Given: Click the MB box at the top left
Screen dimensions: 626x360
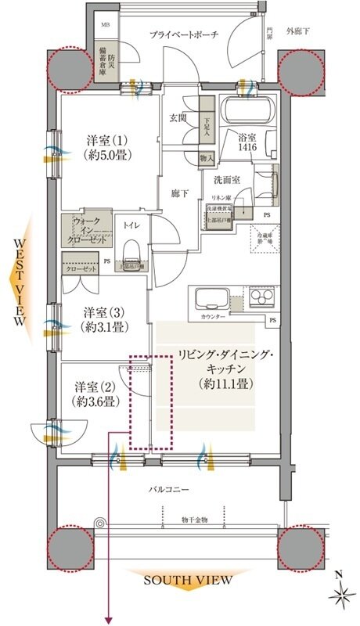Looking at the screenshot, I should tap(105, 24).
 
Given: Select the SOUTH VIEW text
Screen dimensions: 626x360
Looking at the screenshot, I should tap(187, 580).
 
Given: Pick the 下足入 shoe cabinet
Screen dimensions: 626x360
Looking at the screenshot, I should tap(206, 125).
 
